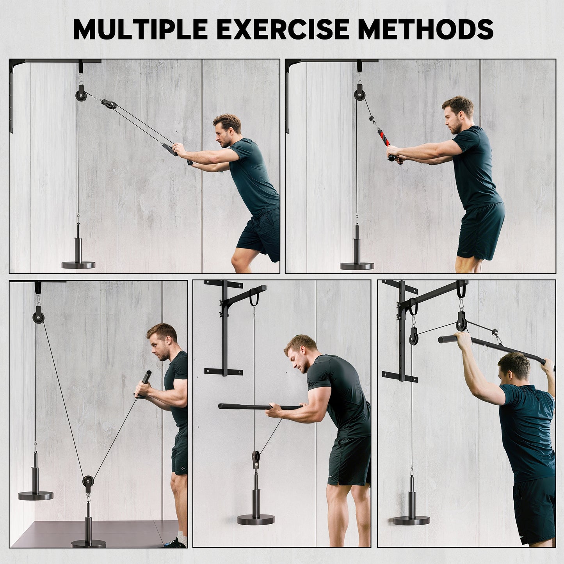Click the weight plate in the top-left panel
tap(78, 265)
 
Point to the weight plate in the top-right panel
tap(357, 266)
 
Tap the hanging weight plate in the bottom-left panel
tap(36, 496)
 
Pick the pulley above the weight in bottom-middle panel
tap(255, 457)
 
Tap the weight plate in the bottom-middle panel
tap(256, 520)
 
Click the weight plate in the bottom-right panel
tap(411, 520)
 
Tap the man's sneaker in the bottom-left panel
tap(176, 543)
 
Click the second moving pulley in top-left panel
tap(109, 105)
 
